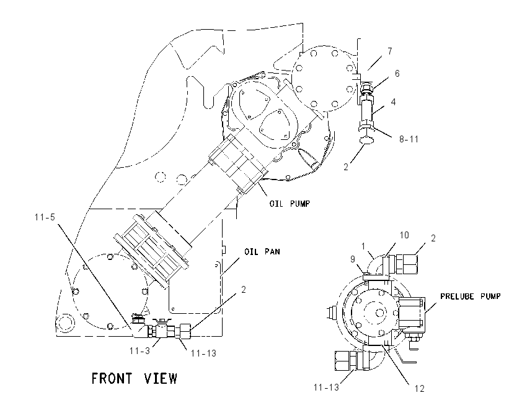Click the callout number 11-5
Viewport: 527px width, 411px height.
(45, 217)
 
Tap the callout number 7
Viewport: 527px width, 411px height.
(389, 51)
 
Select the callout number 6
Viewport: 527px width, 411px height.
(397, 74)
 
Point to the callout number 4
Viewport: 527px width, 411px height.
(393, 102)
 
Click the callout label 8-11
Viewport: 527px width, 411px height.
(409, 139)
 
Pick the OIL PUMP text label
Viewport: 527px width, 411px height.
(290, 204)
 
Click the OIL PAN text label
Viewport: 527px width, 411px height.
(262, 252)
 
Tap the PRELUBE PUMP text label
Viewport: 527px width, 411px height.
(471, 296)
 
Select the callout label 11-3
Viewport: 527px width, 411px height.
(140, 351)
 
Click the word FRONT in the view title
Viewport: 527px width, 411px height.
(112, 378)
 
